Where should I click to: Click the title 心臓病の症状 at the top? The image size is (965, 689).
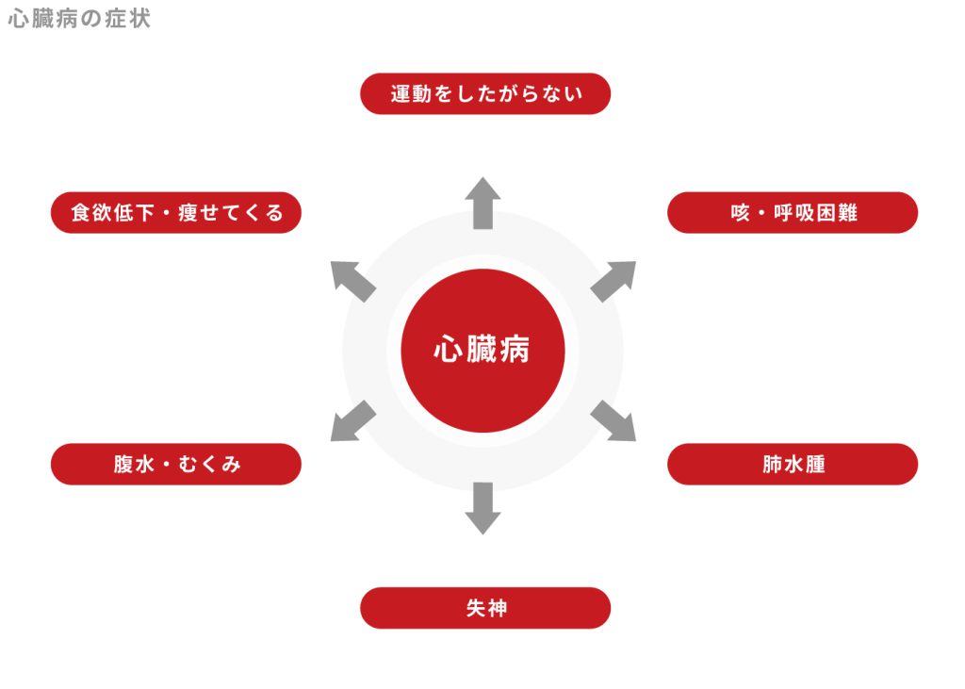click(79, 19)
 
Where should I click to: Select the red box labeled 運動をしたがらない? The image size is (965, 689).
click(485, 94)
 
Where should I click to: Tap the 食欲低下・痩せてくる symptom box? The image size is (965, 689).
click(176, 213)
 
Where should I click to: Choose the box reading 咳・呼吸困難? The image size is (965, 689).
click(793, 213)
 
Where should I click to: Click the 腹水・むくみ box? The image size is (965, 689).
click(176, 465)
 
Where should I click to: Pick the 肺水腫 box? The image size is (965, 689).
click(793, 465)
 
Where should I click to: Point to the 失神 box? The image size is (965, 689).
click(485, 608)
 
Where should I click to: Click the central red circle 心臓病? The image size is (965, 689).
click(482, 351)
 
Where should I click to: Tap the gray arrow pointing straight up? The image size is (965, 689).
click(482, 203)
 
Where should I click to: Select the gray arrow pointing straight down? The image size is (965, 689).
click(482, 507)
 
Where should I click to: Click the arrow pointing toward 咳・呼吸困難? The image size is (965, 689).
click(613, 280)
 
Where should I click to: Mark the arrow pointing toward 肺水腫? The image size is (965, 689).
click(613, 420)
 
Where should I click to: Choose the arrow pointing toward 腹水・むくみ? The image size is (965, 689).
click(352, 420)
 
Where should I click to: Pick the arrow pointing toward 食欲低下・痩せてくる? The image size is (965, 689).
click(352, 281)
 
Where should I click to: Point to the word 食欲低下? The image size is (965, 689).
click(111, 213)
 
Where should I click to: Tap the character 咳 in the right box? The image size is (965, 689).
click(740, 213)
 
